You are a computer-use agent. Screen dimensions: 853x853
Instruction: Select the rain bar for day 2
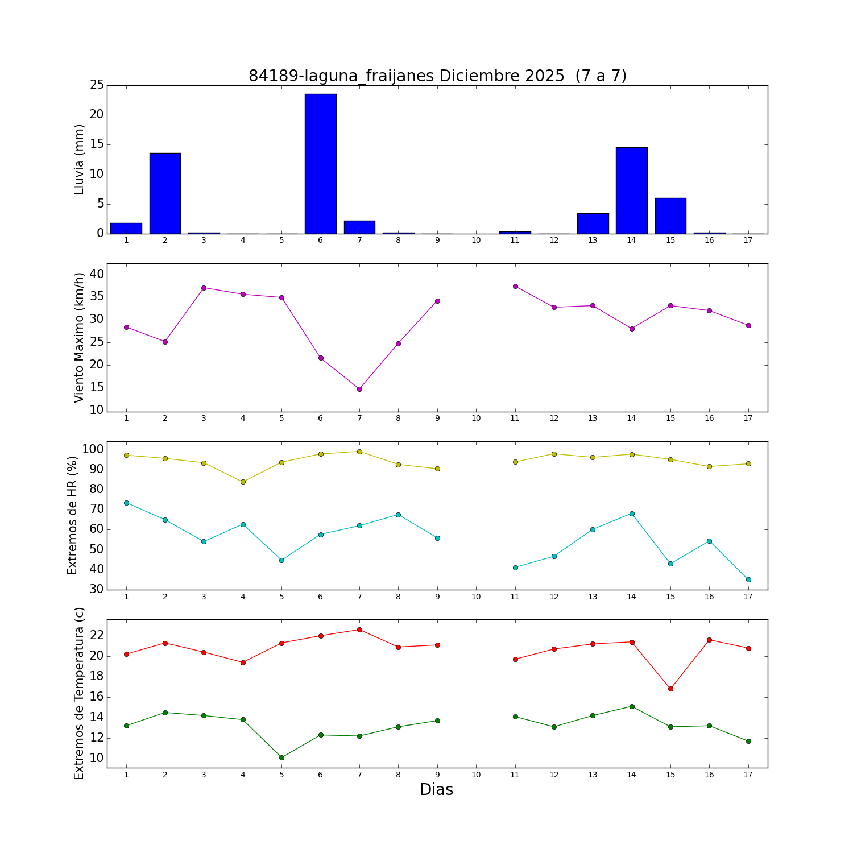click(165, 193)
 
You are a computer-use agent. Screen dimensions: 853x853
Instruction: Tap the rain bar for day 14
click(631, 191)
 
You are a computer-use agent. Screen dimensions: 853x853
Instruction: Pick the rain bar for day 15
click(670, 216)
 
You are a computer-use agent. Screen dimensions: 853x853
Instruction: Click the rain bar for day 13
click(593, 223)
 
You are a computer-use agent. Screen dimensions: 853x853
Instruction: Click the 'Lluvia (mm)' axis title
click(80, 159)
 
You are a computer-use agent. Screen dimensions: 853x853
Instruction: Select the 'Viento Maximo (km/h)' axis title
click(80, 337)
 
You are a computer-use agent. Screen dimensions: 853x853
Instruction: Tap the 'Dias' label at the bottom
click(436, 790)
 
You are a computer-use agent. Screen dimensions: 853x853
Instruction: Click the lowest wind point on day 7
click(359, 389)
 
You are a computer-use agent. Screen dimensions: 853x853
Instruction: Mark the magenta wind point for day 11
click(515, 286)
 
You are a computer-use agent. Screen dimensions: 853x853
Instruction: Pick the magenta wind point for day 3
click(204, 288)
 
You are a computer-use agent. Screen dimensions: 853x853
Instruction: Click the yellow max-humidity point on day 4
click(243, 482)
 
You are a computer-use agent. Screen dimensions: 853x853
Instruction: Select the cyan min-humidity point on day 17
click(748, 579)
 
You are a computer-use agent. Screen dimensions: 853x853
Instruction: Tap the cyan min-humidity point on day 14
click(632, 514)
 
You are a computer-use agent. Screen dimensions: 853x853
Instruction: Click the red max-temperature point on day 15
click(670, 689)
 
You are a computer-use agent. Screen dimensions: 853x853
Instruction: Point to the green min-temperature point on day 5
click(281, 757)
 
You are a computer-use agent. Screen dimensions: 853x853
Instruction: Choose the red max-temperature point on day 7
click(359, 630)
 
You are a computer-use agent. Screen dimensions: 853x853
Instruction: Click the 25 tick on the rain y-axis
click(97, 85)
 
